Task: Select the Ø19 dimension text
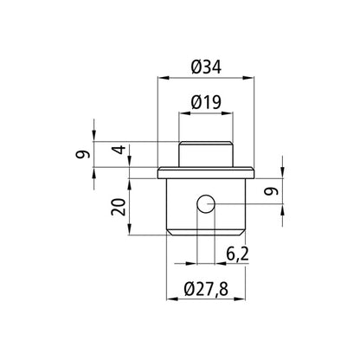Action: coord(205,101)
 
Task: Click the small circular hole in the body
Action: coord(205,204)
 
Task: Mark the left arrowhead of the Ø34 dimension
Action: coord(161,80)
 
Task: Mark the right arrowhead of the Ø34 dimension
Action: coord(253,80)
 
